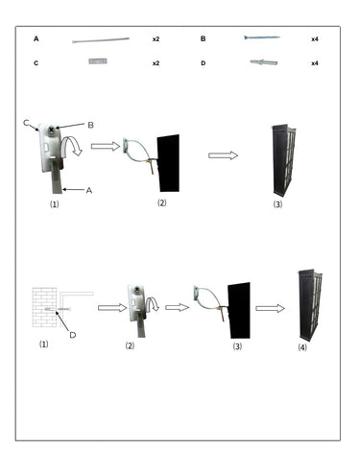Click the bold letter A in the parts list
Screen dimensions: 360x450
[x=36, y=39]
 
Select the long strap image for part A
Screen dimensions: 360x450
[x=101, y=40]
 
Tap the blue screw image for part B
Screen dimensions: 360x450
[x=262, y=37]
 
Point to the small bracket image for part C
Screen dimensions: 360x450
[x=98, y=60]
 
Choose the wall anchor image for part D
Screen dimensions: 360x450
[x=264, y=62]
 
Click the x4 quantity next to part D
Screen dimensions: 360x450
[x=315, y=63]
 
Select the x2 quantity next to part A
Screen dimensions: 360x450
[x=156, y=39]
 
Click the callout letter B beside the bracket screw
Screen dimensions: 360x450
[x=90, y=125]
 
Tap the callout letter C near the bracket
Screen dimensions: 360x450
[x=27, y=123]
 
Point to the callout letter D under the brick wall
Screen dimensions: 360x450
[x=73, y=335]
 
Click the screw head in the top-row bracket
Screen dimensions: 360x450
[x=51, y=130]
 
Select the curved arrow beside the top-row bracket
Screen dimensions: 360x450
[x=72, y=146]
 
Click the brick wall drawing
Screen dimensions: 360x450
[x=44, y=307]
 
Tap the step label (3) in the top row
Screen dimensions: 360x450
[x=277, y=204]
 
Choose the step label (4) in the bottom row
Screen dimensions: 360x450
[x=302, y=347]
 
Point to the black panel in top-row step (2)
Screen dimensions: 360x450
[x=169, y=163]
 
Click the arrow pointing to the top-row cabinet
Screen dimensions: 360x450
[x=223, y=155]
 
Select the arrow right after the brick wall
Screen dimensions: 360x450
[x=112, y=308]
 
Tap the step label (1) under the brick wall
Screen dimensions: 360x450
[x=44, y=344]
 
